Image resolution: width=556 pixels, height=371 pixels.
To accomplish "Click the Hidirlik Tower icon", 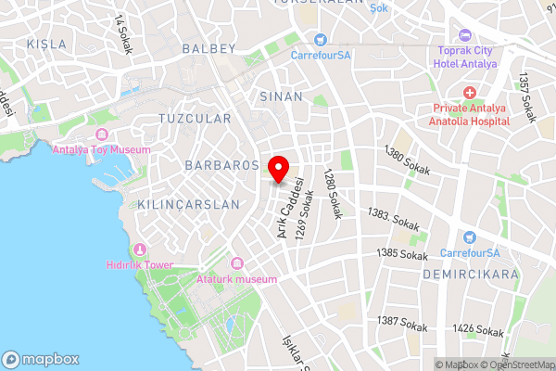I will pyautogui.click(x=140, y=249).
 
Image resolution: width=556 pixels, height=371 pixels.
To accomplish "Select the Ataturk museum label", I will pyautogui.click(x=237, y=279).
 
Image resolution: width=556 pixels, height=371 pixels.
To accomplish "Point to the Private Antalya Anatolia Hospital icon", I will pyautogui.click(x=470, y=94).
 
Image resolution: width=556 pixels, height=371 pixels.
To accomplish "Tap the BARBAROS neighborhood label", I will pyautogui.click(x=221, y=165).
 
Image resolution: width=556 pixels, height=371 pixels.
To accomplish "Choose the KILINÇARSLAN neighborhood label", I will pyautogui.click(x=182, y=204).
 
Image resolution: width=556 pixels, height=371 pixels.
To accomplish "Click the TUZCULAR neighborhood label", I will pyautogui.click(x=195, y=119).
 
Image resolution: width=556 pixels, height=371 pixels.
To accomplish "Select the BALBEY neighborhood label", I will pyautogui.click(x=209, y=48).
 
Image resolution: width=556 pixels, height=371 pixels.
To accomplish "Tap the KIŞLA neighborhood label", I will pyautogui.click(x=47, y=45).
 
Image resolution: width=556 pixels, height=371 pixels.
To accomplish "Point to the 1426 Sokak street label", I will pyautogui.click(x=478, y=330).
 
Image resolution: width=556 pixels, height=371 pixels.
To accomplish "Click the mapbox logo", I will pyautogui.click(x=39, y=359).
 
